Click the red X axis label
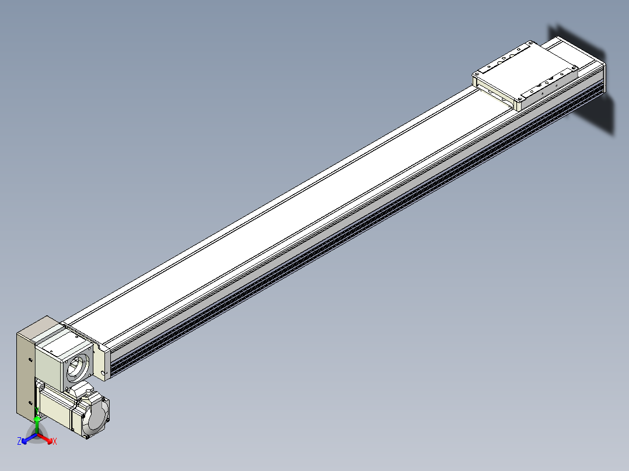point(55,441)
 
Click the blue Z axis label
point(19,441)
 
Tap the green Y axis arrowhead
point(37,419)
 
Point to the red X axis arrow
point(45,438)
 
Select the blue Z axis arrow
point(29,438)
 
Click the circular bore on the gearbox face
point(77,367)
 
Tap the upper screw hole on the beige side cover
point(31,360)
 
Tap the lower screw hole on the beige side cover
point(31,403)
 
